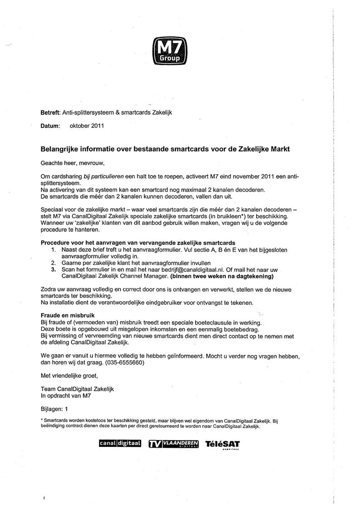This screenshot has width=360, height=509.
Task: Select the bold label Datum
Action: tap(50, 126)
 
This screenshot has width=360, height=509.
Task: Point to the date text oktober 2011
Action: tap(87, 126)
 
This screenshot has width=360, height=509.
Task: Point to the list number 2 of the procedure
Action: tap(53, 263)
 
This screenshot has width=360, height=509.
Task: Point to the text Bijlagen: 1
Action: tap(54, 408)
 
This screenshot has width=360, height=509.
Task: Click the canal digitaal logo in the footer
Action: tap(120, 443)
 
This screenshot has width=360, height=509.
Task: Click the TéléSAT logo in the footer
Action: tap(222, 444)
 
